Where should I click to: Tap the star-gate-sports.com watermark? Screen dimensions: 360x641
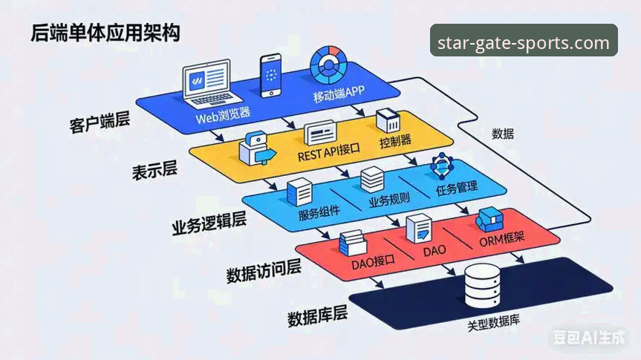click(x=524, y=42)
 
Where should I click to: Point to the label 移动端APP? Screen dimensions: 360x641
click(x=339, y=96)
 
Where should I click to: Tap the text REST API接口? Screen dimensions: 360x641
click(x=328, y=154)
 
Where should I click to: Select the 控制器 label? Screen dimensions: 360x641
click(x=394, y=140)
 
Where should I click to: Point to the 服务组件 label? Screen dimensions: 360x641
click(x=319, y=213)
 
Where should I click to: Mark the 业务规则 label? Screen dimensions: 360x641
click(x=387, y=201)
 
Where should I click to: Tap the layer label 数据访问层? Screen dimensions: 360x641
click(x=263, y=272)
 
